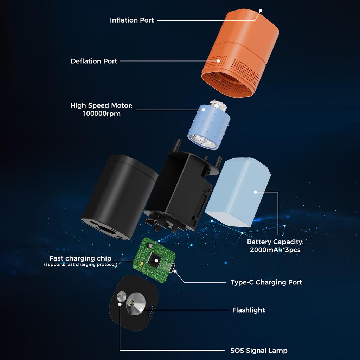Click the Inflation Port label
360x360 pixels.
(132, 20)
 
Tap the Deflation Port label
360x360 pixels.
(94, 61)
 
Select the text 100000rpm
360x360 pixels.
(101, 114)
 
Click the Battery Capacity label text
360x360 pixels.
(275, 242)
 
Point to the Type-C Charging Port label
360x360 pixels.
(266, 282)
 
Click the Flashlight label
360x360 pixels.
(249, 310)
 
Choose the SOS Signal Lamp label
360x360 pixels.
(259, 351)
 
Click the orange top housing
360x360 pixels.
(243, 46)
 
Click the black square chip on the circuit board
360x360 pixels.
(155, 260)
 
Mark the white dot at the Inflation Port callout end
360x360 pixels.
(261, 11)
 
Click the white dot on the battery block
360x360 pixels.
(256, 192)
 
